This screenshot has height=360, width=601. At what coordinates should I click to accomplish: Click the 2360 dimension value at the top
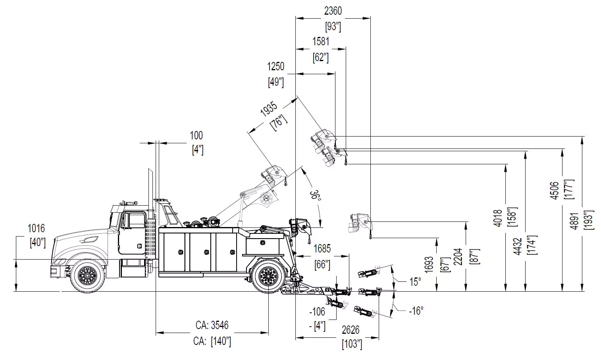click(x=333, y=11)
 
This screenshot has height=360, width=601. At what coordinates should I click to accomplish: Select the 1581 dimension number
click(x=321, y=41)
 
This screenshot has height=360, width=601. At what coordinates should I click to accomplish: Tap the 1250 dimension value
click(x=275, y=66)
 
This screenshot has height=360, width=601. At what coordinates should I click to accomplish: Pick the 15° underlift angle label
click(x=415, y=282)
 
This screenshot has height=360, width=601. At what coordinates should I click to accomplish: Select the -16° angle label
click(x=416, y=311)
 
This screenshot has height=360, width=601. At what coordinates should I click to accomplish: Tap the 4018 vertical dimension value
click(x=499, y=218)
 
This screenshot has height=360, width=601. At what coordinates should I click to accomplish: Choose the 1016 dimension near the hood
click(x=36, y=229)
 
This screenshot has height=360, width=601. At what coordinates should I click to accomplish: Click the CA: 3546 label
click(x=212, y=325)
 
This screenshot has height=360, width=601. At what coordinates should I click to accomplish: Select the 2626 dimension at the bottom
click(x=351, y=330)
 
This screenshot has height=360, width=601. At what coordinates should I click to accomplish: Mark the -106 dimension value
click(x=317, y=312)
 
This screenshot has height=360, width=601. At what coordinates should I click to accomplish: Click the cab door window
click(x=137, y=221)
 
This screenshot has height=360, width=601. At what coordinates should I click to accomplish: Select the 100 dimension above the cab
click(x=196, y=136)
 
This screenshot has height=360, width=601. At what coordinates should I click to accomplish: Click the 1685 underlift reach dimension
click(x=322, y=249)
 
